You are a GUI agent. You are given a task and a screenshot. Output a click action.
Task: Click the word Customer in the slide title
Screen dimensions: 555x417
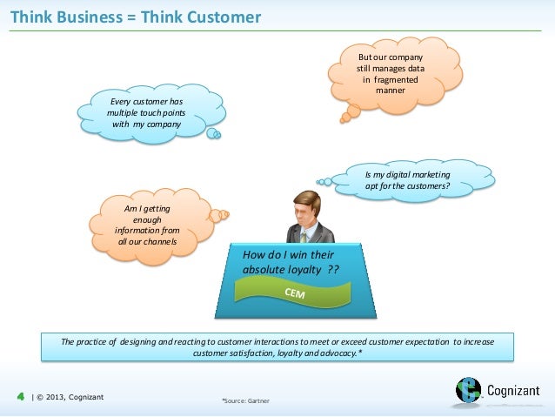tap(224, 17)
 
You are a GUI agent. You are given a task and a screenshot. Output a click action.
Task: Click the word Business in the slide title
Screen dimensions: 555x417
tap(88, 17)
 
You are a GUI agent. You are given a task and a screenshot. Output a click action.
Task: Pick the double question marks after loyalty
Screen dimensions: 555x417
tap(333, 270)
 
